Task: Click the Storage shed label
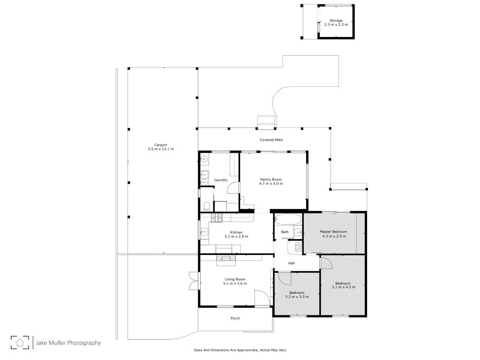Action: pyautogui.click(x=336, y=21)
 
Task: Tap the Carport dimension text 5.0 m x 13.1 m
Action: pyautogui.click(x=161, y=149)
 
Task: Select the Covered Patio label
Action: pyautogui.click(x=271, y=140)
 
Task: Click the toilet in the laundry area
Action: pyautogui.click(x=206, y=206)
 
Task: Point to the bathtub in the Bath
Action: pyautogui.click(x=285, y=218)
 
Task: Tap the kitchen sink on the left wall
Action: pyautogui.click(x=204, y=232)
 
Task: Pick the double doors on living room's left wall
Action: pyautogui.click(x=192, y=281)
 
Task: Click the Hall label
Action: pyautogui.click(x=291, y=263)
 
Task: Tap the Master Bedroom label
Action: pyautogui.click(x=334, y=232)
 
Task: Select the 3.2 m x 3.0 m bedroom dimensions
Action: pyautogui.click(x=297, y=297)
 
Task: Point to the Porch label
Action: pyautogui.click(x=235, y=318)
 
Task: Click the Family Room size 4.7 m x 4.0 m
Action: pyautogui.click(x=271, y=183)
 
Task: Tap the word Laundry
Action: pyautogui.click(x=221, y=180)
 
